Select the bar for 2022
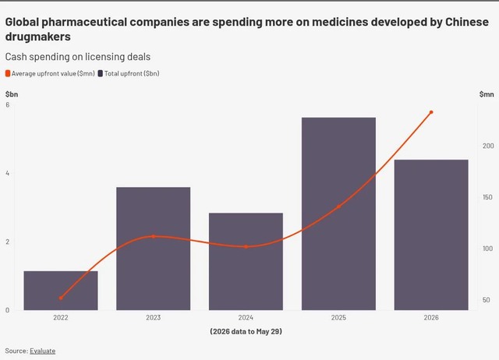61,291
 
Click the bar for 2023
154,249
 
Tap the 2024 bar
246,261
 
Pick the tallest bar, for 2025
338,214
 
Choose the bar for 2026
431,235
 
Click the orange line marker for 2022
61,298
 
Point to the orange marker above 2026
431,112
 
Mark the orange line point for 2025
338,206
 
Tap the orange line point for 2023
154,236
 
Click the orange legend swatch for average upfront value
8,73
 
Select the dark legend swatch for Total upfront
101,73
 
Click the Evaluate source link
43,351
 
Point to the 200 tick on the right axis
488,146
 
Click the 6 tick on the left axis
7,104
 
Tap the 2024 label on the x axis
246,317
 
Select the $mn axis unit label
487,94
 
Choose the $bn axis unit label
12,94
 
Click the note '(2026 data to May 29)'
246,331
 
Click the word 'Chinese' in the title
467,22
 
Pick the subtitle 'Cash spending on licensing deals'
78,57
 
